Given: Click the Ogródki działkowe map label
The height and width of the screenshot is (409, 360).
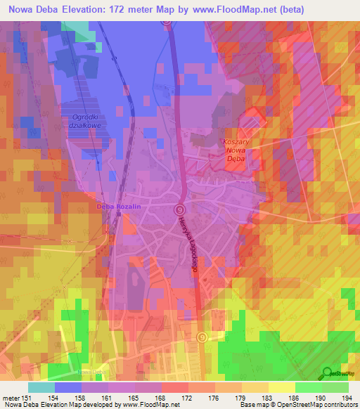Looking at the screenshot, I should (x=84, y=122).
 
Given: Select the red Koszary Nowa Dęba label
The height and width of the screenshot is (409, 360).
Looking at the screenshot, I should (x=237, y=150).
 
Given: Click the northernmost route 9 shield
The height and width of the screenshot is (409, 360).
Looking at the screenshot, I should (x=167, y=21).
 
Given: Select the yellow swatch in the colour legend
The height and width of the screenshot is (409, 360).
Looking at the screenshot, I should (x=281, y=387).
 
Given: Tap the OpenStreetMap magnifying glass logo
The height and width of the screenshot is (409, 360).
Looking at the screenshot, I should (x=327, y=373).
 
